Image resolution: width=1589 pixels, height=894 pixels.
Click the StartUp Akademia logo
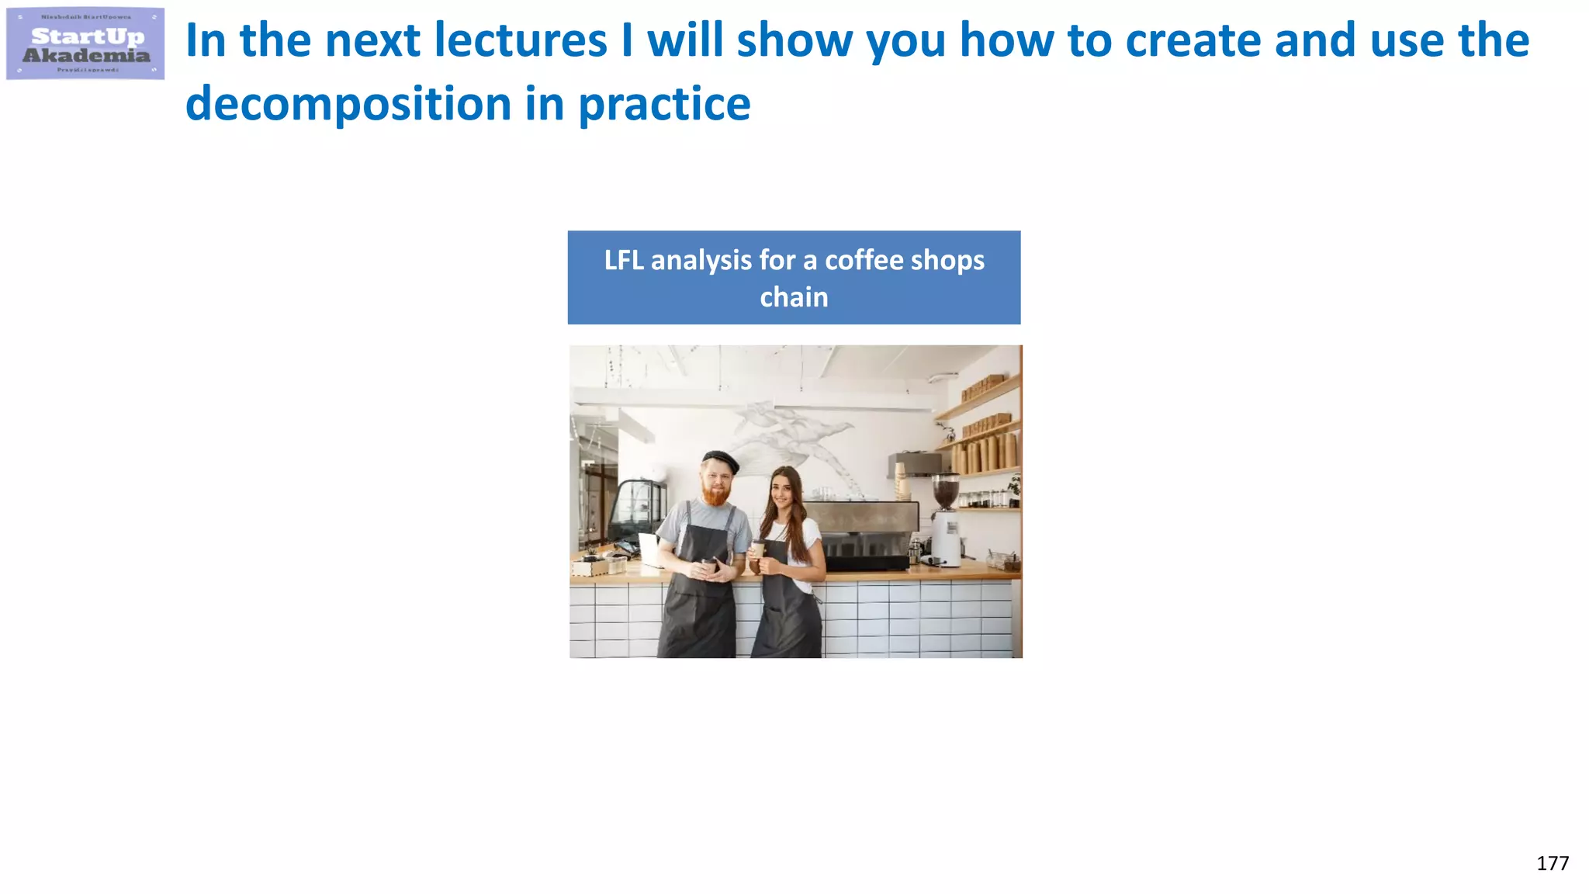click(x=85, y=44)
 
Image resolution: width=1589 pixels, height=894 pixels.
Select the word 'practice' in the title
click(x=664, y=104)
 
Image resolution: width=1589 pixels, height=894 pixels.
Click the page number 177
click(x=1552, y=864)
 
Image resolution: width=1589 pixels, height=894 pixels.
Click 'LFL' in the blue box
click(x=624, y=260)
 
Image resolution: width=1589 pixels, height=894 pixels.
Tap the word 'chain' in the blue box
click(x=794, y=297)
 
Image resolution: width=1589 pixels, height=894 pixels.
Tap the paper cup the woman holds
click(x=758, y=549)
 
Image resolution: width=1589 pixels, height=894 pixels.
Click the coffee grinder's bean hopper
click(x=945, y=491)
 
